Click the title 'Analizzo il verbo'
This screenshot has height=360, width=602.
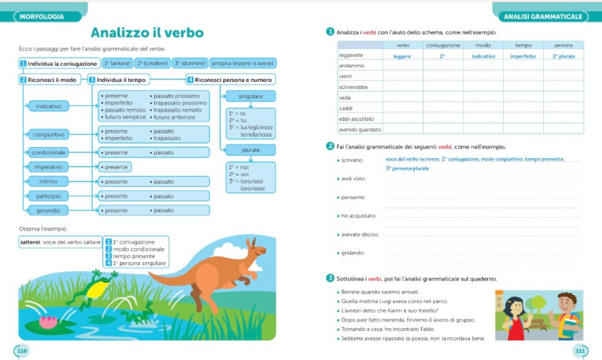pyautogui.click(x=147, y=33)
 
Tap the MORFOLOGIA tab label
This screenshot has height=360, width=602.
pyautogui.click(x=42, y=16)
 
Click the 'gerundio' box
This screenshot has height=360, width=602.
pyautogui.click(x=49, y=210)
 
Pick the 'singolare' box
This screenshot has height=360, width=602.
pyautogui.click(x=250, y=96)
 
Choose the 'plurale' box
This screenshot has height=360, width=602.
pyautogui.click(x=250, y=150)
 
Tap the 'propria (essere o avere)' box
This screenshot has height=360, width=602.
pyautogui.click(x=242, y=63)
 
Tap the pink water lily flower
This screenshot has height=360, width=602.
pyautogui.click(x=47, y=321)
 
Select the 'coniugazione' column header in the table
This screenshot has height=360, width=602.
pyautogui.click(x=443, y=45)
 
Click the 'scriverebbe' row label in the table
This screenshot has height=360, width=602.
pyautogui.click(x=354, y=87)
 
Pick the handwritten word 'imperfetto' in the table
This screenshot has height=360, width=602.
pyautogui.click(x=523, y=56)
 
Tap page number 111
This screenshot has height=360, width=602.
pyautogui.click(x=580, y=351)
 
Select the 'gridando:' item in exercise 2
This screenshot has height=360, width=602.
pyautogui.click(x=353, y=253)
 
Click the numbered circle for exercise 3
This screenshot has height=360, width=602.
pyautogui.click(x=330, y=278)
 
